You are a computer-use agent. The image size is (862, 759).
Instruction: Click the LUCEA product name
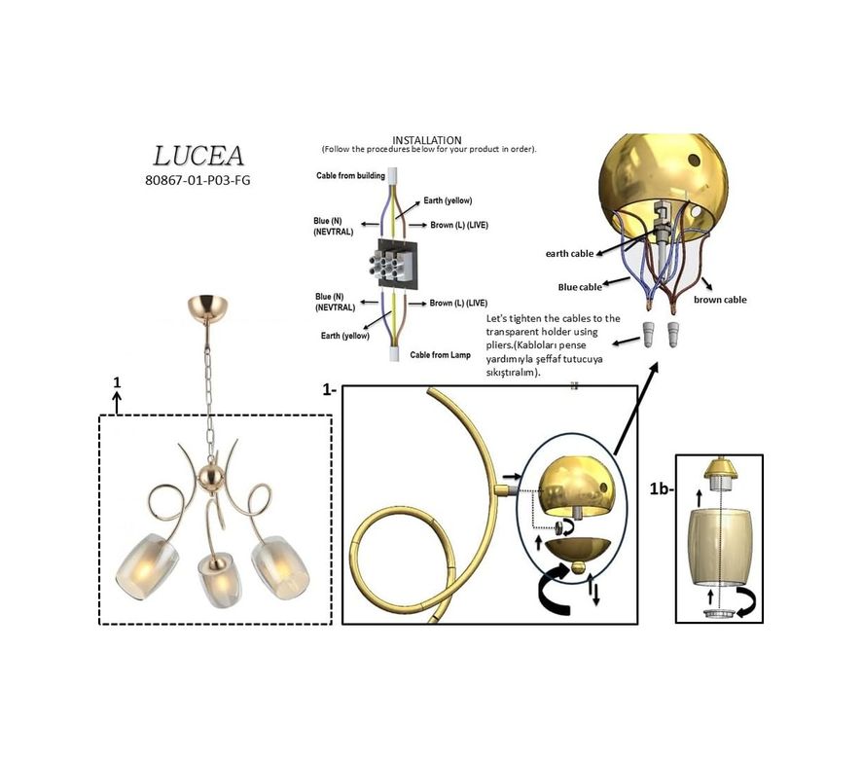[198, 156]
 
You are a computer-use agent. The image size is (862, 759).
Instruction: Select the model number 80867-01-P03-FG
[198, 180]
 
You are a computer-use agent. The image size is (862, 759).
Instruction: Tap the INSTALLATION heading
[426, 140]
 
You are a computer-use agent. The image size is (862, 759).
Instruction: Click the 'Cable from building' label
[350, 175]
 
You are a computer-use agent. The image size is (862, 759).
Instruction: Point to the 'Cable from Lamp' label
[441, 355]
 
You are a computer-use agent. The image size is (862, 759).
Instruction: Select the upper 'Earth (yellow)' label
[448, 200]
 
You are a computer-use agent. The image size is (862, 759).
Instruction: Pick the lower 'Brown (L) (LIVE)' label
[458, 303]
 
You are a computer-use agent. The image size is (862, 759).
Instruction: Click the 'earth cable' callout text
[569, 254]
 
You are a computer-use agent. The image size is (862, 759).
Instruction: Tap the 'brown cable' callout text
[720, 300]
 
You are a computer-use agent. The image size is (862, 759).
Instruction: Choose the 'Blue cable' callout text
[580, 287]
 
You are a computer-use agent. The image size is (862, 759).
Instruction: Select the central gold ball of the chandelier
[211, 476]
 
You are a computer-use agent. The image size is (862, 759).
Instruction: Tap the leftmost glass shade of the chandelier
[147, 567]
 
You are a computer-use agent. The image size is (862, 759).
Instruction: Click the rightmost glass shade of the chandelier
[280, 567]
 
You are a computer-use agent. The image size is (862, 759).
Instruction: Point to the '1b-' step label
[662, 488]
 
